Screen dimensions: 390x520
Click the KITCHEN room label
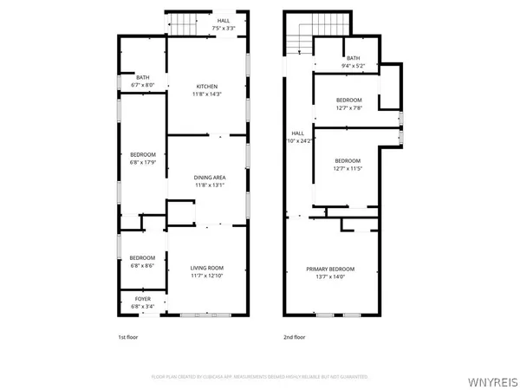click(207, 86)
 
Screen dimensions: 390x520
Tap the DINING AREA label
click(210, 177)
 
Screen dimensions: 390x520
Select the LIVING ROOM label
click(207, 268)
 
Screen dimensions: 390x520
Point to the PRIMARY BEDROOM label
click(330, 269)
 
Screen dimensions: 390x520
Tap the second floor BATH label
click(353, 58)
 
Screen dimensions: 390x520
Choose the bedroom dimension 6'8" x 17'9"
click(142, 162)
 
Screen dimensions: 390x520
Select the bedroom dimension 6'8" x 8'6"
click(142, 263)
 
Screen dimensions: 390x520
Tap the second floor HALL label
click(298, 133)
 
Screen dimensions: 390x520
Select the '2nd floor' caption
click(295, 337)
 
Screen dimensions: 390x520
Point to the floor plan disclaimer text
click(259, 377)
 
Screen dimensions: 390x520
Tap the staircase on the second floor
click(302, 42)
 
